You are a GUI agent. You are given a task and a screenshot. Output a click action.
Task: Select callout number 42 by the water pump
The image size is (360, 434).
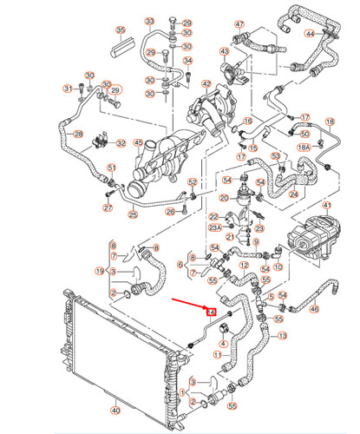tap(206, 84)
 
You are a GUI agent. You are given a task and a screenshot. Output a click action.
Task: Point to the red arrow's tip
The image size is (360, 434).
tap(208, 309)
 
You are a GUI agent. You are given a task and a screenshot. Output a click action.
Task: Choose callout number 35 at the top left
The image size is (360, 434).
tap(121, 31)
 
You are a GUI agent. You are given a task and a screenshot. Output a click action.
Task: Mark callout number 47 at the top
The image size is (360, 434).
tap(239, 24)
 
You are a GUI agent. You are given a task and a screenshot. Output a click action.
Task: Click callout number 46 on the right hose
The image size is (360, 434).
tap(314, 308)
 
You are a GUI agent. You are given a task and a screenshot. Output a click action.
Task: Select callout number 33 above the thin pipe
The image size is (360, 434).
tap(148, 21)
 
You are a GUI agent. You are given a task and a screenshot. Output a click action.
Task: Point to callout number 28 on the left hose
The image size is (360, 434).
tap(78, 135)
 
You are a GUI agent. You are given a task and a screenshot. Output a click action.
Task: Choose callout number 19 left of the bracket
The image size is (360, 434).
tap(101, 271)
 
